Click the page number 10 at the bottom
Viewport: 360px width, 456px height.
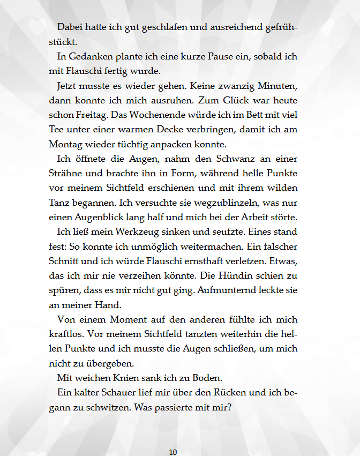pos(172,452)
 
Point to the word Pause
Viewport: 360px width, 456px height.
pos(211,56)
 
